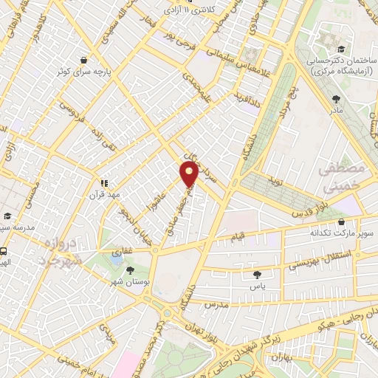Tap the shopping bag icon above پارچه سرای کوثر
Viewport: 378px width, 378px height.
tap(85, 60)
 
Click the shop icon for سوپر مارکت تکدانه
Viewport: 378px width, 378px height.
tap(340, 221)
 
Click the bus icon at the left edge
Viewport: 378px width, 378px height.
tap(4, 251)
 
